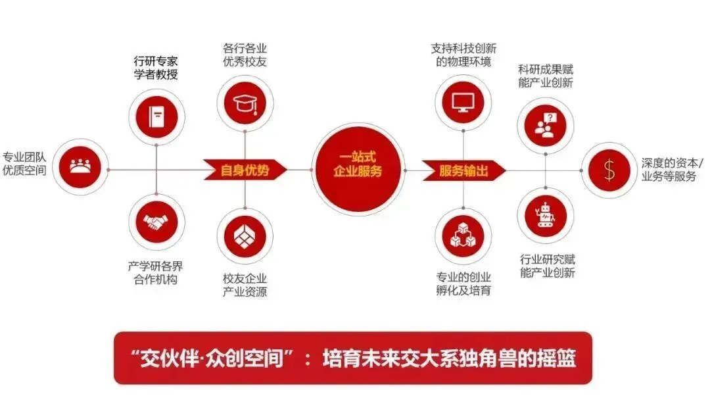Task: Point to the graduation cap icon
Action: coord(245,102)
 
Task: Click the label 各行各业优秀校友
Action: coord(245,55)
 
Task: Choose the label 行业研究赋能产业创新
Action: coord(547,265)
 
